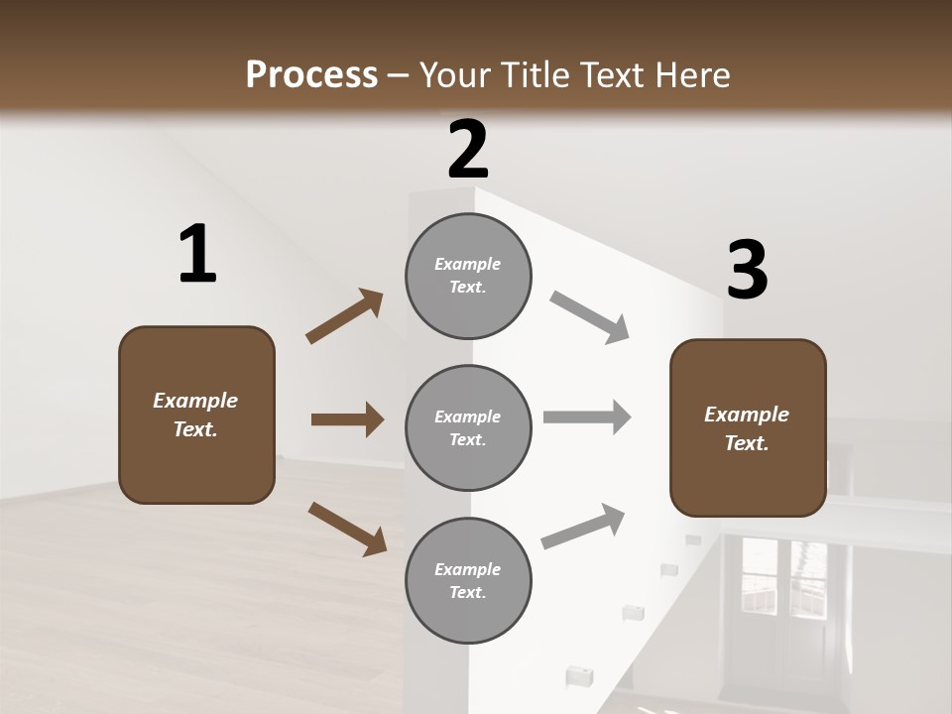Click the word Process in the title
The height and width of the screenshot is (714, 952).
[311, 74]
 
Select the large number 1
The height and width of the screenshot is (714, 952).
[197, 255]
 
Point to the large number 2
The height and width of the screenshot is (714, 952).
[468, 150]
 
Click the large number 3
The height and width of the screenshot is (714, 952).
[747, 271]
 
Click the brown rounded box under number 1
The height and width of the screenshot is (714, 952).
[196, 415]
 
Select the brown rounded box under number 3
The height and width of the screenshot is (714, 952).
[748, 428]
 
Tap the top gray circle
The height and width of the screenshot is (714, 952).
[468, 276]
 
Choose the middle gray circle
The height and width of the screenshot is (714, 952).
[468, 427]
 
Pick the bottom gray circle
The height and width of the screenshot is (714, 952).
[468, 580]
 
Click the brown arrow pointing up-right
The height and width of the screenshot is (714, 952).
[345, 316]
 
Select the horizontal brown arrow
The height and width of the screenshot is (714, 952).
[347, 419]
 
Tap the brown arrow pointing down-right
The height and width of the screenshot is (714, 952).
[347, 528]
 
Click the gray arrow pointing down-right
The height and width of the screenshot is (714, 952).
[589, 317]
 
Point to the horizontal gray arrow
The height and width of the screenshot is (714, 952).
[587, 417]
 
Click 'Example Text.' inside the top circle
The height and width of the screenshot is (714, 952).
[468, 276]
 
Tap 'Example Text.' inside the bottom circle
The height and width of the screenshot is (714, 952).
[468, 581]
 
